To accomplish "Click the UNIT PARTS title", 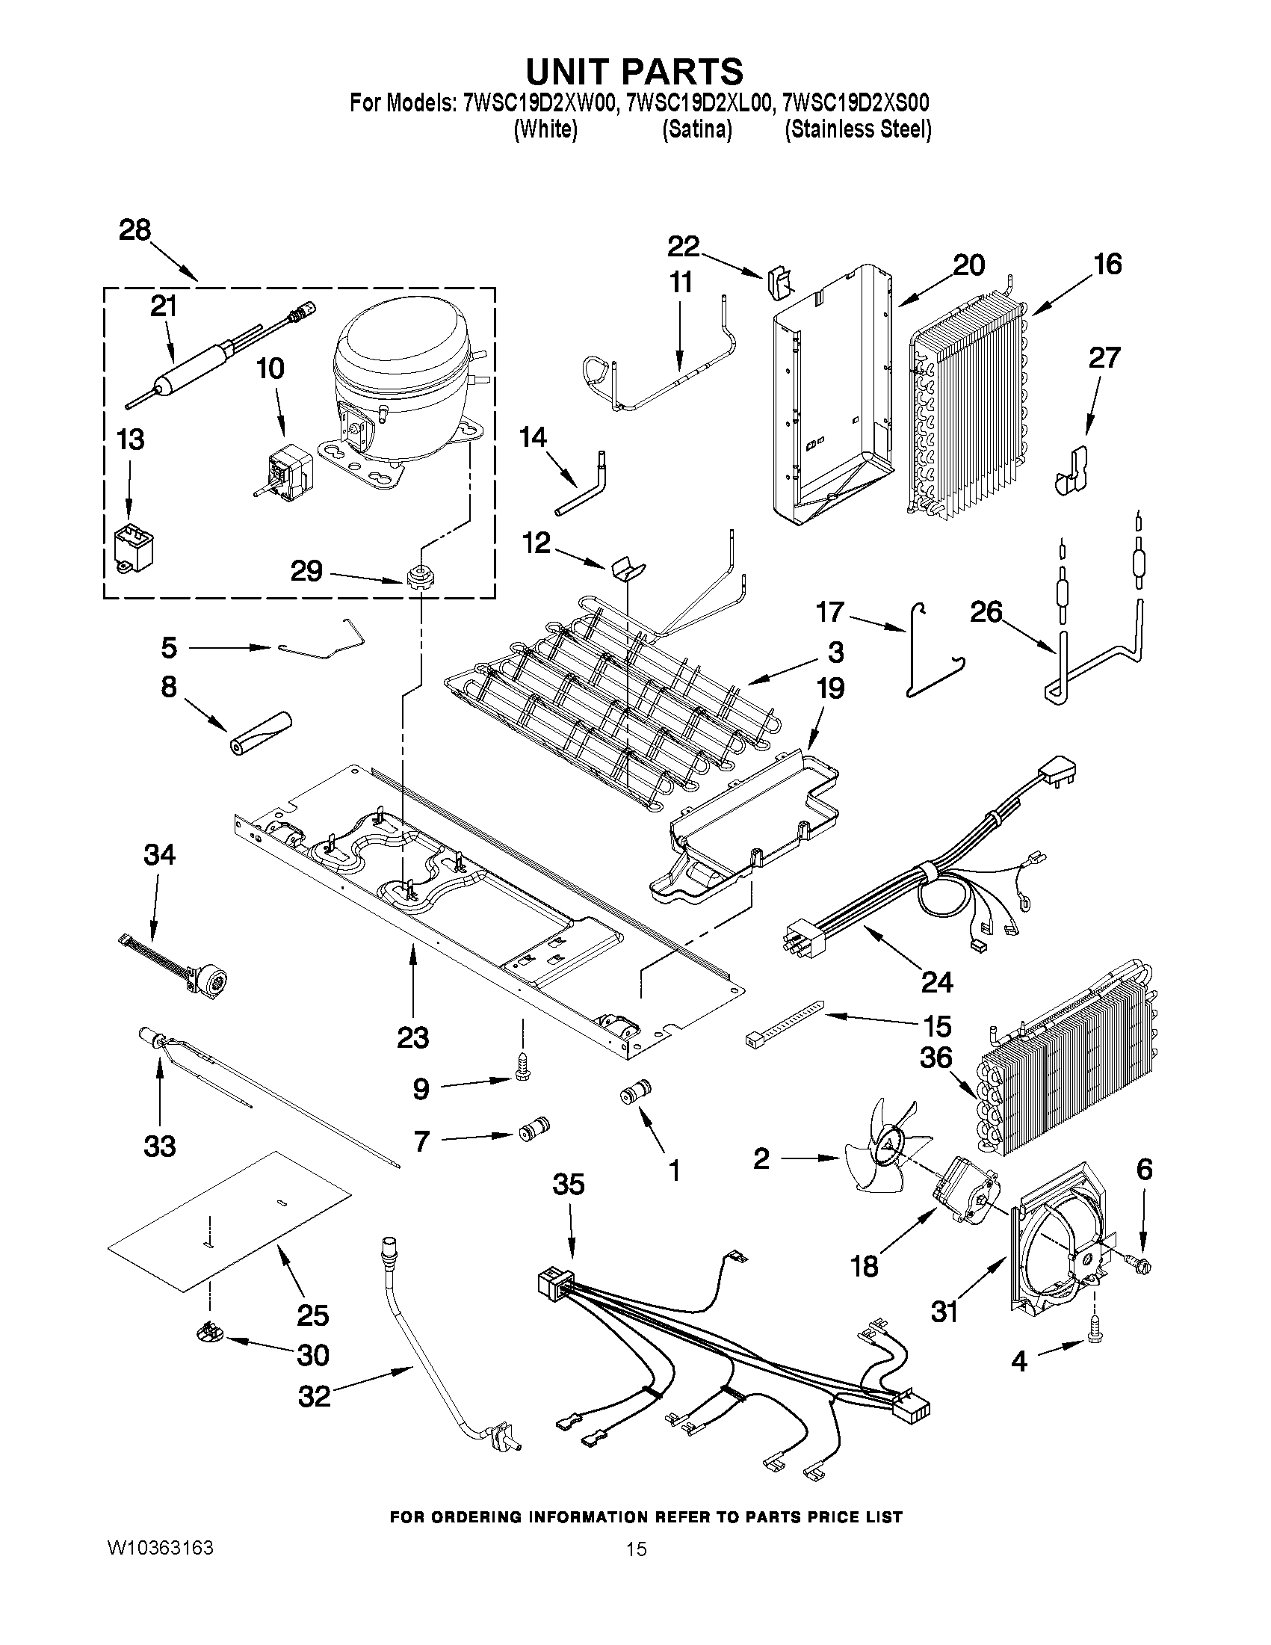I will pos(634,72).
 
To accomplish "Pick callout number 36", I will pos(936,1058).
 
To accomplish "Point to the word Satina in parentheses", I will pos(696,130).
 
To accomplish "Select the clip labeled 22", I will pos(780,283).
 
